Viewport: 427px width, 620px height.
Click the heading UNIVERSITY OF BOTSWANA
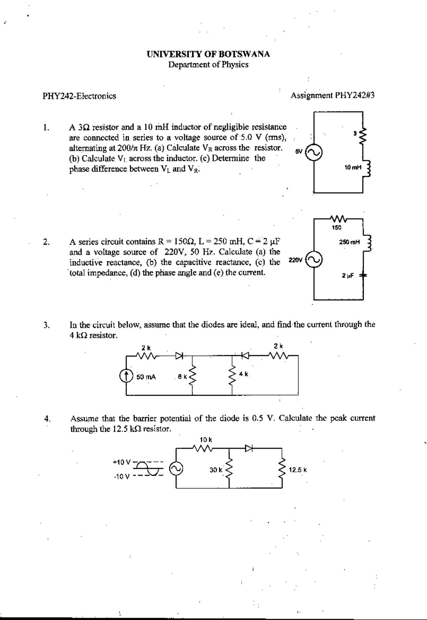coord(208,54)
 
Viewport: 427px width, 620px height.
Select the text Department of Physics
coord(208,65)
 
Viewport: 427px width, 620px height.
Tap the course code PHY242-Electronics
coord(79,96)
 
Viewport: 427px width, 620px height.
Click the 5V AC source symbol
coord(315,153)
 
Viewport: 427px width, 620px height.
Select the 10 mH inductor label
coord(353,167)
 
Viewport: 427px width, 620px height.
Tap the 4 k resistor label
coord(244,374)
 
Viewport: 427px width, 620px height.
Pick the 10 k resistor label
coord(206,440)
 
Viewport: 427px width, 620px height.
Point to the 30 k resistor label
coord(216,470)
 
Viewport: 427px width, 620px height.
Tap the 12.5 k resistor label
coord(298,470)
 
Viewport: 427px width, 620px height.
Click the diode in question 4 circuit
coord(248,449)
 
